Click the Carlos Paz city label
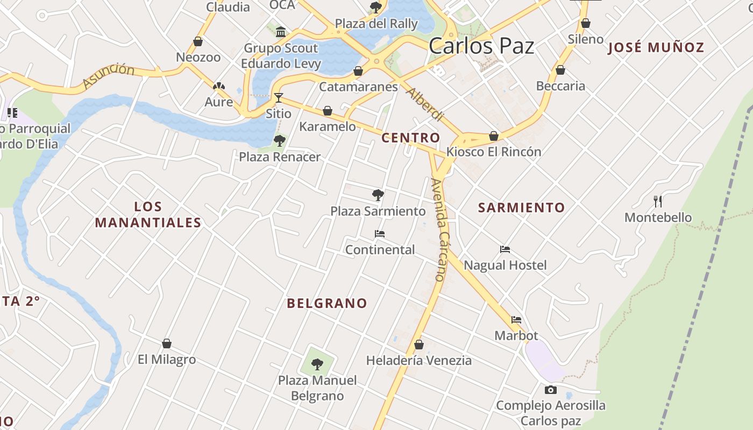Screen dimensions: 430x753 click(x=481, y=46)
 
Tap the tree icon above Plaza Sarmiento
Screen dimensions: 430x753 click(x=378, y=195)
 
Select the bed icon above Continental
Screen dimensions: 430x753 click(x=380, y=234)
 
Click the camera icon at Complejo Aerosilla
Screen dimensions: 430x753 click(x=550, y=390)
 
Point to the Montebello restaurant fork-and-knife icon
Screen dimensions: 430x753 click(x=658, y=202)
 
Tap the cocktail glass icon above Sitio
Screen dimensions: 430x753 click(x=279, y=97)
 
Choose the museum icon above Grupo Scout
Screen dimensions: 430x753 click(x=281, y=32)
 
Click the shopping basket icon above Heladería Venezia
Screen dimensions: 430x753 click(x=419, y=344)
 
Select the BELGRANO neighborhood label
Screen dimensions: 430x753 click(x=327, y=303)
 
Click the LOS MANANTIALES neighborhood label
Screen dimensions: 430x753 click(x=148, y=214)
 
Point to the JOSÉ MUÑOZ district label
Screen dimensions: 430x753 click(x=656, y=47)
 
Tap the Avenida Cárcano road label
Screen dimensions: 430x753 click(x=440, y=230)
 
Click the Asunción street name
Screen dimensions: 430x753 click(x=109, y=75)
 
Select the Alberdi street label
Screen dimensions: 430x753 click(x=424, y=104)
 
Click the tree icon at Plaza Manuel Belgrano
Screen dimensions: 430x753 click(x=317, y=364)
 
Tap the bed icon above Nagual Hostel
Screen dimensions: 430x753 click(x=505, y=249)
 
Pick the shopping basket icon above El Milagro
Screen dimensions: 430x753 click(x=167, y=343)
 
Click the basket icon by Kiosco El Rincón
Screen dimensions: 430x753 click(x=494, y=136)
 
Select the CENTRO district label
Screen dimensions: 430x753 click(x=410, y=138)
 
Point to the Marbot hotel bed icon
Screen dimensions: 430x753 click(x=516, y=320)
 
